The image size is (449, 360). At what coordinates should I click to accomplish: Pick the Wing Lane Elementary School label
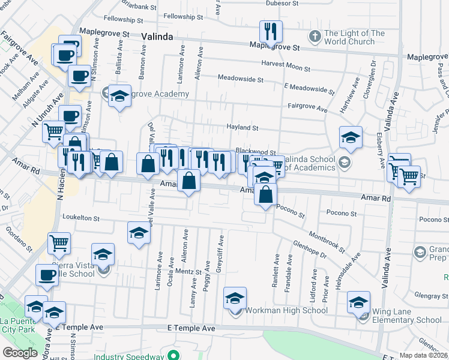[406, 316]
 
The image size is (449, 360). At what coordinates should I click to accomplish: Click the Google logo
[20, 352]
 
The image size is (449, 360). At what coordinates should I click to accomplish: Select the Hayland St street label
[242, 127]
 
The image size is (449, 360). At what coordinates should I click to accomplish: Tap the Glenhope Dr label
[309, 249]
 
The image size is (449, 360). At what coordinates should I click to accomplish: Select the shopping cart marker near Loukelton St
[59, 243]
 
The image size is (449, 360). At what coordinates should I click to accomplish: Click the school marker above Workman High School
[235, 297]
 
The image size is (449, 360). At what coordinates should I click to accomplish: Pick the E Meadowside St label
[309, 89]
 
